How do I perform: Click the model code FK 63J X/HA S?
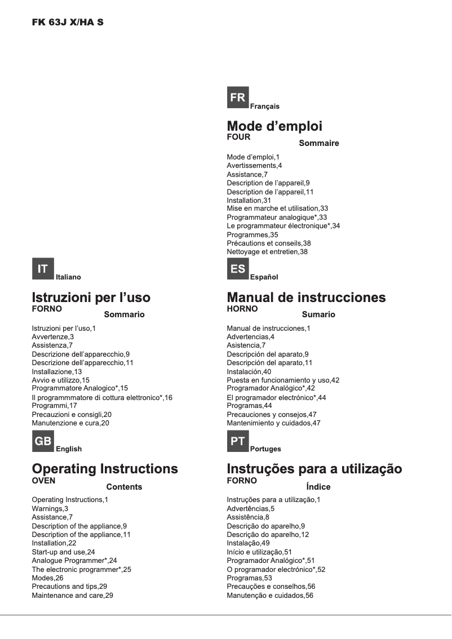pyautogui.click(x=68, y=23)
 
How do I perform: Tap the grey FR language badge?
pyautogui.click(x=237, y=97)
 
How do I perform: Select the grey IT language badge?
pyautogui.click(x=43, y=269)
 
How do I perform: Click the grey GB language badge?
pyautogui.click(x=43, y=441)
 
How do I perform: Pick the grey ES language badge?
pyautogui.click(x=237, y=269)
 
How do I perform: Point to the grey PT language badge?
pyautogui.click(x=237, y=441)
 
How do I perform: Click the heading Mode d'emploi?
pyautogui.click(x=274, y=126)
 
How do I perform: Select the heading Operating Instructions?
pyautogui.click(x=105, y=469)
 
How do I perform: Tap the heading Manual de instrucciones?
pyautogui.click(x=306, y=297)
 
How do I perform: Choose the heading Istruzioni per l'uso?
pyautogui.click(x=91, y=297)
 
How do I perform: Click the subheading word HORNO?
pyautogui.click(x=242, y=309)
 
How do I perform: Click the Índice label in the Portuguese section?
pyautogui.click(x=318, y=487)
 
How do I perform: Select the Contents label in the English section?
pyautogui.click(x=124, y=487)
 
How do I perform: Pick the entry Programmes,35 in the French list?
pyautogui.click(x=252, y=234)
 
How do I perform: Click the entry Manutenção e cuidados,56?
pyautogui.click(x=269, y=596)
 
